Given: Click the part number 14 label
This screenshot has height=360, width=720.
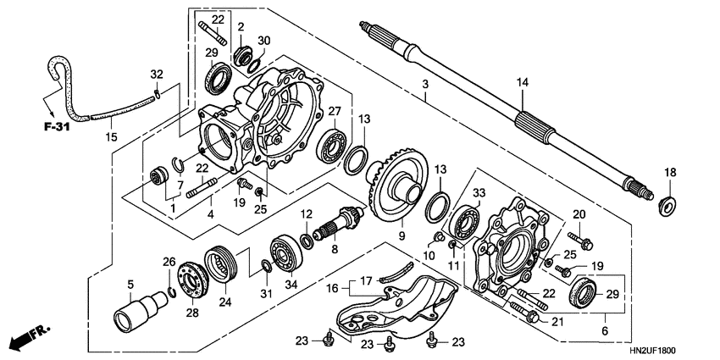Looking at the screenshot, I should tap(523, 82).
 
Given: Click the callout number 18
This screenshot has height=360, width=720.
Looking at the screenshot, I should tap(670, 173).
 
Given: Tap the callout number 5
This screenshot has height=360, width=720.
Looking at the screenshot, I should tap(131, 284).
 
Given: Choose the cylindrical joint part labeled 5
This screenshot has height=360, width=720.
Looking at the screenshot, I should tap(133, 316).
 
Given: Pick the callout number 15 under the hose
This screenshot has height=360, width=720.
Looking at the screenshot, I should tap(110, 136).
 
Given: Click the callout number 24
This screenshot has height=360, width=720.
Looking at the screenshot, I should tap(225, 299).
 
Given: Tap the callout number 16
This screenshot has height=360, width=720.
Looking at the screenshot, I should tap(332, 287).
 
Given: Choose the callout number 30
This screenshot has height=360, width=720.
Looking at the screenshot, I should tap(264, 41).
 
